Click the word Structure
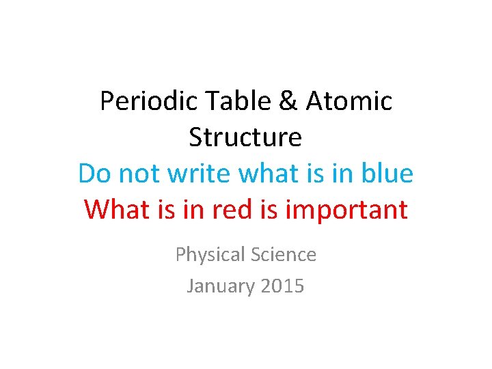[245, 137]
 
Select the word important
[346, 209]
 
